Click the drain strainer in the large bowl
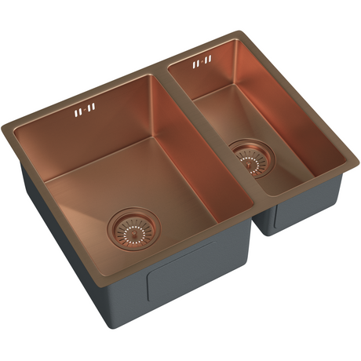[x=131, y=228]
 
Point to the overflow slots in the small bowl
[x=202, y=60]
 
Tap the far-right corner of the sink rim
[x=357, y=163]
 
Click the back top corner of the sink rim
[x=235, y=33]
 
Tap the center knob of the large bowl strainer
[x=131, y=228]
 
